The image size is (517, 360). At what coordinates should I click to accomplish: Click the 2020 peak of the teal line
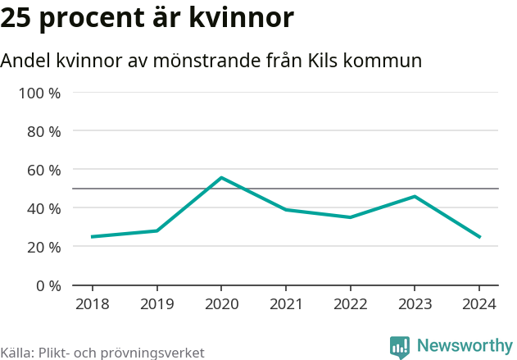click(221, 178)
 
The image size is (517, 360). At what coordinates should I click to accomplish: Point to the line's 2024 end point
click(479, 237)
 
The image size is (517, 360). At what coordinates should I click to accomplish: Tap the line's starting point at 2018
click(92, 237)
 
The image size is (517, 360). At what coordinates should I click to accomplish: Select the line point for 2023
click(415, 196)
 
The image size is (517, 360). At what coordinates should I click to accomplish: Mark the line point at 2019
click(156, 230)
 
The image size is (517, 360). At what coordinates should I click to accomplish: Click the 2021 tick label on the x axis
click(286, 304)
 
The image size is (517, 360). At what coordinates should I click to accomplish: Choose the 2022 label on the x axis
click(350, 304)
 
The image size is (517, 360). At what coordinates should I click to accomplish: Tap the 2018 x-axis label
click(92, 304)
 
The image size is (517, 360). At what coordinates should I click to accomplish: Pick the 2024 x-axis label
click(479, 304)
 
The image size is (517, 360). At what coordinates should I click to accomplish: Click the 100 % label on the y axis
click(40, 93)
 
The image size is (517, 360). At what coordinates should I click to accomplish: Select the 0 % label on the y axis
click(48, 285)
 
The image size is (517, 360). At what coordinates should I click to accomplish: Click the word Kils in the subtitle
click(328, 61)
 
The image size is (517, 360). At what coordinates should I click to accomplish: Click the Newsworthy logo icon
click(400, 347)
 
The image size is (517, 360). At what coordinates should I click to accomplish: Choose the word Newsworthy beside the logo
click(464, 346)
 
